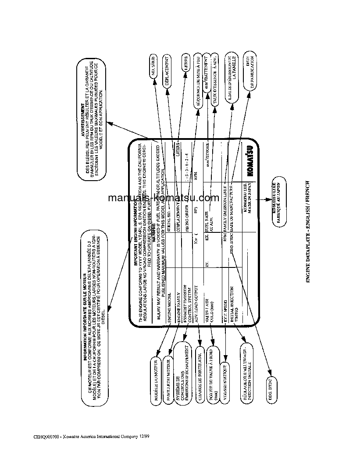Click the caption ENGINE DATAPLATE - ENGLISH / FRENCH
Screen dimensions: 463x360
(308, 232)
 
